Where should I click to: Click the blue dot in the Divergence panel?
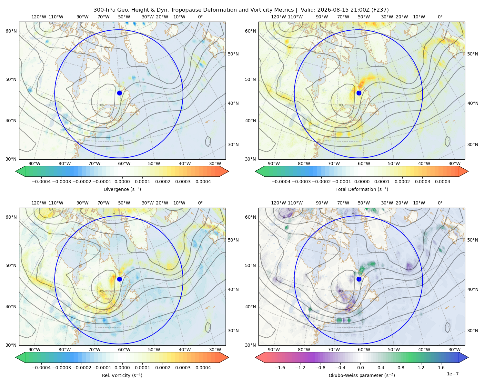coord(119,93)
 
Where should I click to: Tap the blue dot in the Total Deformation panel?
coord(359,93)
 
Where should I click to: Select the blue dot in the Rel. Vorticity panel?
coord(119,279)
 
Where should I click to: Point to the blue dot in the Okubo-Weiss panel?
coord(359,279)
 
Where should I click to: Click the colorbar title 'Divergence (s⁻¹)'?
coord(122,189)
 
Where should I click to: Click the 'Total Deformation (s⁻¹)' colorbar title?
coord(362,189)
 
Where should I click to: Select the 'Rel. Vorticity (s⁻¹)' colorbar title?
coord(122,375)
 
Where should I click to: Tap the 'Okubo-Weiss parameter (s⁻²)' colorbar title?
coord(362,375)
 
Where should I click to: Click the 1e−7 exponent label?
coord(452,374)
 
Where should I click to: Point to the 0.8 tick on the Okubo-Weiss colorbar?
coord(401,367)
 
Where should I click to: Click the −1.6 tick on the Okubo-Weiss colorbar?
coord(280,367)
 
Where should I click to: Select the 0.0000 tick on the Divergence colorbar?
coord(122,182)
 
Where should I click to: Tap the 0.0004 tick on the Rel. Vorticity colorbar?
coord(203,367)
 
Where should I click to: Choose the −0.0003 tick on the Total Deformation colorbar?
coord(301,182)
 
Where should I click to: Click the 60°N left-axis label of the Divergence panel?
coord(11,31)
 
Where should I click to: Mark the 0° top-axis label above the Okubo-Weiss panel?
coord(440,203)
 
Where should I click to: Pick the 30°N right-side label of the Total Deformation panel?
coord(473,144)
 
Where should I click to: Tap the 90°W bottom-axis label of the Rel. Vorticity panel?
coord(35,350)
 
